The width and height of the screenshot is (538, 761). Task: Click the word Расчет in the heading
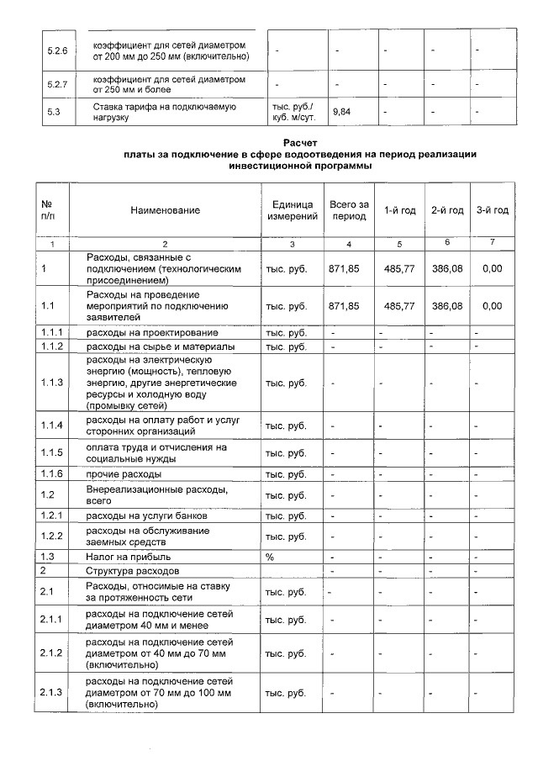pos(300,143)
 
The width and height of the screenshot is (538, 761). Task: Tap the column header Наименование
pos(165,210)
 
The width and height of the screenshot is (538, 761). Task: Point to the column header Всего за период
pos(349,210)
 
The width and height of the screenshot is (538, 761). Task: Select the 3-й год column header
pos(492,210)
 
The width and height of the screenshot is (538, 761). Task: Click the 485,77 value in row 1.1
pos(400,307)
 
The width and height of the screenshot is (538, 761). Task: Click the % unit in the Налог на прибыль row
pos(271,557)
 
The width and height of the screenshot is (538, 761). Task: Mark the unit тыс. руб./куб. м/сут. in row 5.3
pos(291,112)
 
